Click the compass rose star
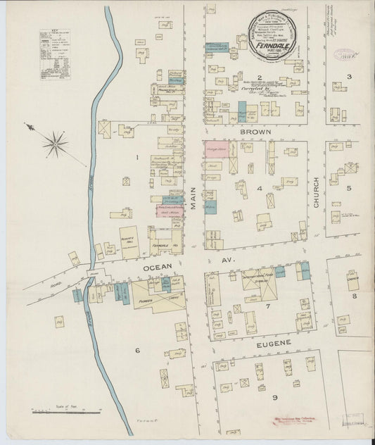tap(54, 142)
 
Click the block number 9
tap(265, 397)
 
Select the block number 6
tap(137, 349)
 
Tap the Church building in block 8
tap(352, 282)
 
